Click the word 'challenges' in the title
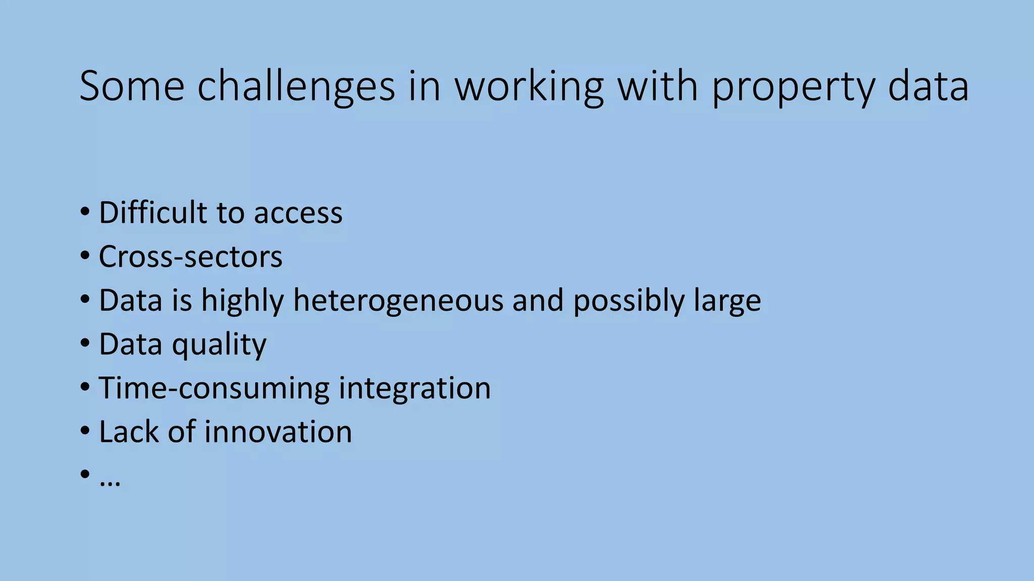pos(296,86)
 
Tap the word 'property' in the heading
pos(793,86)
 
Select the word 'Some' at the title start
pos(132,86)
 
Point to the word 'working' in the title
pos(529,86)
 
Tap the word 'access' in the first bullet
pos(298,213)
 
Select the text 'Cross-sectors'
pos(190,257)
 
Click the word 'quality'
pos(219,344)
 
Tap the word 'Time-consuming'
pos(213,388)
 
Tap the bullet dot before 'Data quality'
pos(85,343)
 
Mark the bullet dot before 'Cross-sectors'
pos(85,256)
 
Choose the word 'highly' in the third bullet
pos(242,301)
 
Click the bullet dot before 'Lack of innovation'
pos(85,431)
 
